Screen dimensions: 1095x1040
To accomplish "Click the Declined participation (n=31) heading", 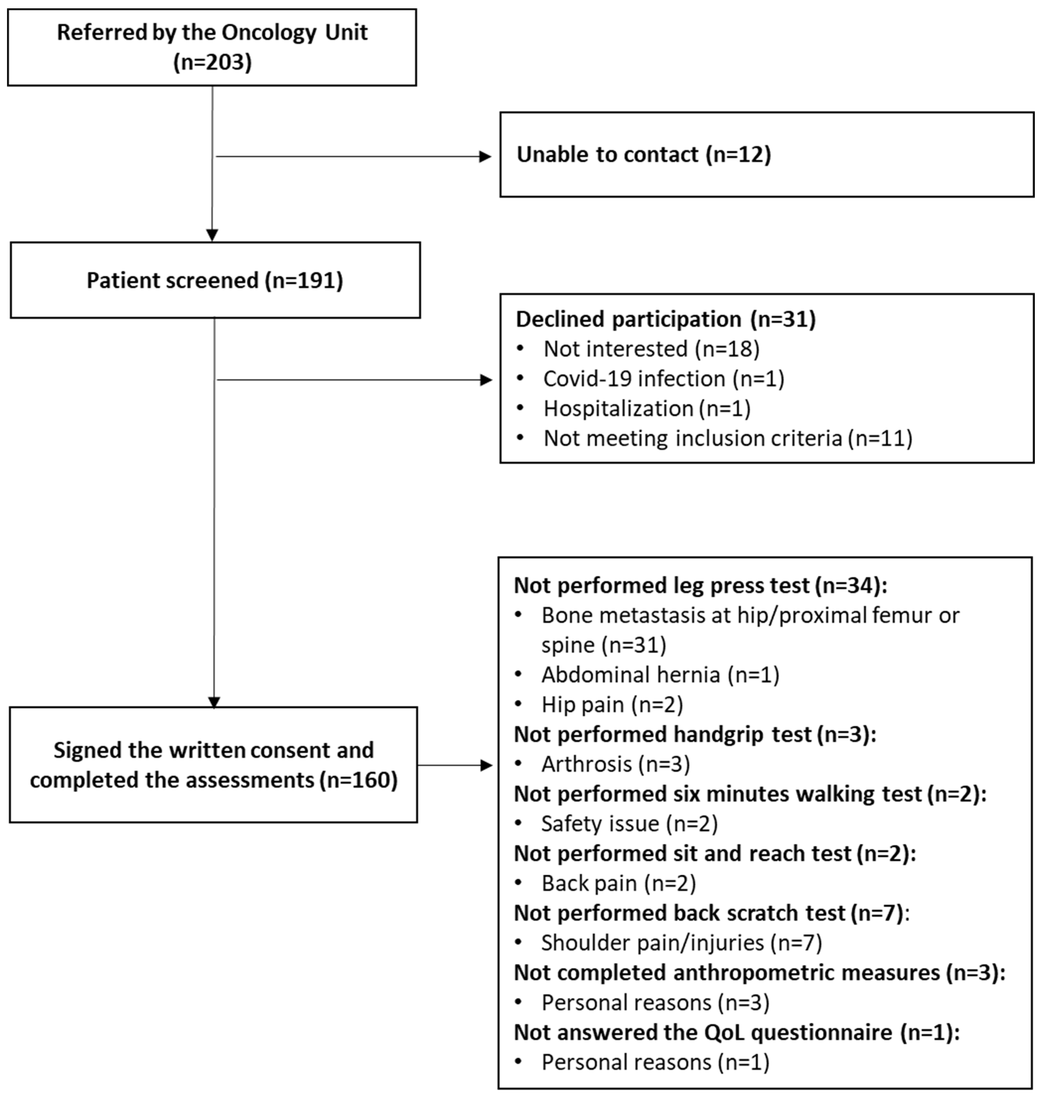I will click(x=665, y=319).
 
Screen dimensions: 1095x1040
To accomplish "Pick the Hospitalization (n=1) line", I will click(x=646, y=408).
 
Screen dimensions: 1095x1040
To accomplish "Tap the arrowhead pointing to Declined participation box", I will click(x=486, y=380).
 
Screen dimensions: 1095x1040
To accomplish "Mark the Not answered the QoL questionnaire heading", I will click(x=736, y=1032).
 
